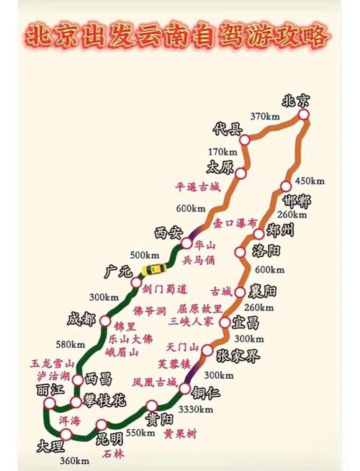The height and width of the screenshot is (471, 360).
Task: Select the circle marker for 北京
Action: pos(304,115)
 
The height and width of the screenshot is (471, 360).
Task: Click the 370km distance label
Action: pos(265,117)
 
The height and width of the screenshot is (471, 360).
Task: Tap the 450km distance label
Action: pos(310,180)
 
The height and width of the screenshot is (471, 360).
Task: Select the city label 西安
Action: pos(170,233)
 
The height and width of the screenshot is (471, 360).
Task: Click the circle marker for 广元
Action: pos(136,282)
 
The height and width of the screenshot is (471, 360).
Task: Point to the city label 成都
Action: pos(81,319)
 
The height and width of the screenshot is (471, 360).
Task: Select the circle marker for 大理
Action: pos(66,434)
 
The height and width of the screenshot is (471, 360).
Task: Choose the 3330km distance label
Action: pos(195,410)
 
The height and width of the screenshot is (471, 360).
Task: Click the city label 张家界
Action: pos(238,356)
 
